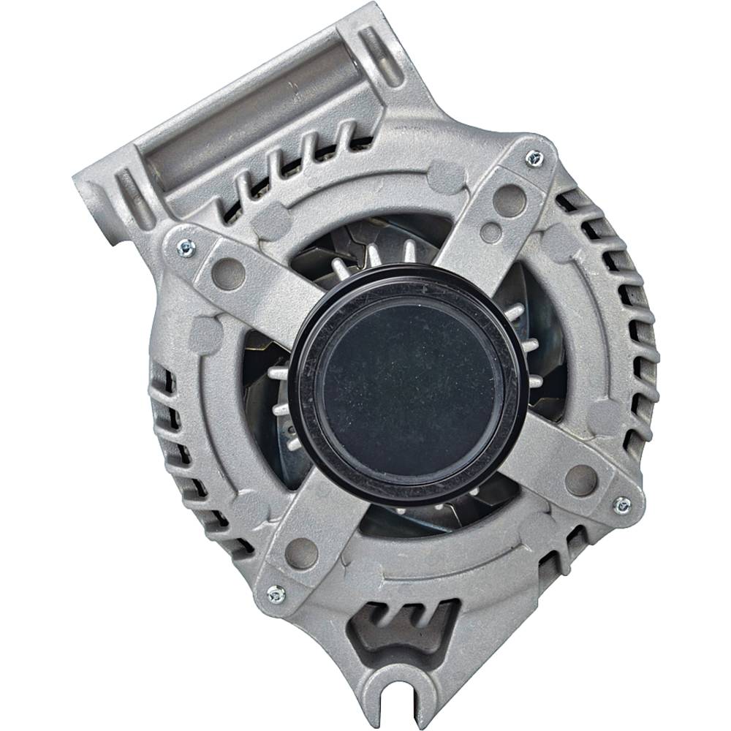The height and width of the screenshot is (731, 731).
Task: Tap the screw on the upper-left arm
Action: point(186,249)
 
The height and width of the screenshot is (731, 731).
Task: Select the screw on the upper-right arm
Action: point(534,156)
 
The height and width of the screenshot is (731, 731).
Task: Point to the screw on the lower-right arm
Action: point(622,504)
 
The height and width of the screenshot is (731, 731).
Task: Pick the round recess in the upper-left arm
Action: point(227,273)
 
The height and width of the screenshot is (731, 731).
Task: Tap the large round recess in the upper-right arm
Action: point(509,199)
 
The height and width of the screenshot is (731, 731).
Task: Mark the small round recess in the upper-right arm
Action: point(491,232)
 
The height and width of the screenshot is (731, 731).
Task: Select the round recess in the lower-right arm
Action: point(581,480)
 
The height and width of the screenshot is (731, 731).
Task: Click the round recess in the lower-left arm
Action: point(300,552)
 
